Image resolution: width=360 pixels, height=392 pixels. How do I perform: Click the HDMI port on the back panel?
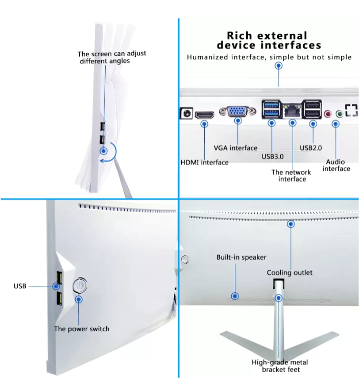(204, 115)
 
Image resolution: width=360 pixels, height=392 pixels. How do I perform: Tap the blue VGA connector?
(237, 111)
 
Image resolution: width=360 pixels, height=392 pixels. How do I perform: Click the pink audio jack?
(327, 114)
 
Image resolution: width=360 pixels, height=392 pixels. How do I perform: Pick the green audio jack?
(339, 114)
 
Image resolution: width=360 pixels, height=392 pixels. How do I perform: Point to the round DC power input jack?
(186, 113)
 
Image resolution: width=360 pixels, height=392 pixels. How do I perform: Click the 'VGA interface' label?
(235, 148)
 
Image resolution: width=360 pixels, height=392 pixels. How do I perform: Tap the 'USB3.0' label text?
(272, 156)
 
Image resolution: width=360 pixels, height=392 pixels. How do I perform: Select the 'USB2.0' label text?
(310, 148)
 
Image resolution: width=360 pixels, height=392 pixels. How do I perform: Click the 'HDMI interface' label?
(204, 163)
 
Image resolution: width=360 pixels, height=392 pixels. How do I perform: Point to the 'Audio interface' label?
(337, 165)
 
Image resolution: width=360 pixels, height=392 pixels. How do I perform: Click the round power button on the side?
(80, 285)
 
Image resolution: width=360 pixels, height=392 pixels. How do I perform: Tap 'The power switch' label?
(82, 329)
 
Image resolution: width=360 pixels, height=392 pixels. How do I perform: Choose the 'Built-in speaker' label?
(242, 257)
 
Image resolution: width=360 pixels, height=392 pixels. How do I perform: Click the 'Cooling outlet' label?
(290, 272)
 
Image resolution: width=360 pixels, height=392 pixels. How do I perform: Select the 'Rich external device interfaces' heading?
(269, 40)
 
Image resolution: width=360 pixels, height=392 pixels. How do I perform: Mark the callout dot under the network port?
(293, 123)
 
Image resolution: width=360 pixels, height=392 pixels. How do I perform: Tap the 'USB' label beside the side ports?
(20, 286)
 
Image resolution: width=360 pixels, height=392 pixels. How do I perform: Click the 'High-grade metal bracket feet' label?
(280, 366)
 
